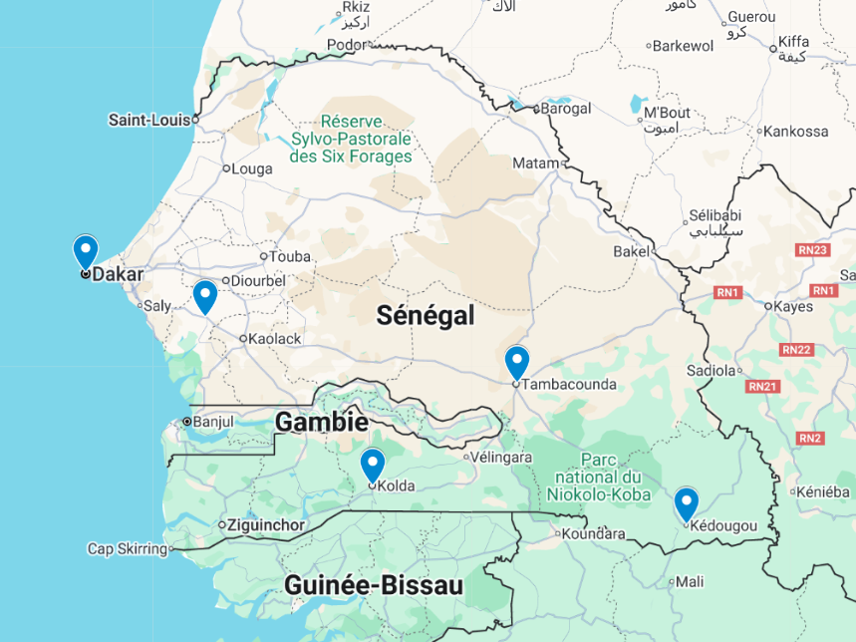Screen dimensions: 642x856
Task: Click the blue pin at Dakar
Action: point(86,251)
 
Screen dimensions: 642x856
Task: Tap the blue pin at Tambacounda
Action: point(516,362)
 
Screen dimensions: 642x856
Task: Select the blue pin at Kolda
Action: point(372,465)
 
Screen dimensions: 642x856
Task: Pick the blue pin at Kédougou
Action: point(686,503)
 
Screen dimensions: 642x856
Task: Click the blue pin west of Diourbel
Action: point(204,296)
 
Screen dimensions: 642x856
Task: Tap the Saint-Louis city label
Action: point(148,120)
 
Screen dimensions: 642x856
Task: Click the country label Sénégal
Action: point(425,316)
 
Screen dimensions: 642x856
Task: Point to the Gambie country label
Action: point(321,422)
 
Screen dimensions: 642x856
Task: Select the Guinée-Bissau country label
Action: point(374,585)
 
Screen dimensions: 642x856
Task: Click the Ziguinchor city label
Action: point(266,525)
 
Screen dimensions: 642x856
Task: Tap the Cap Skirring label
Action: point(127,548)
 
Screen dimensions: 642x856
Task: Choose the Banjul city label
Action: point(212,422)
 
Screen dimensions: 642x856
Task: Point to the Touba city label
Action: point(289,256)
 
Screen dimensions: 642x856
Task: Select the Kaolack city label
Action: point(275,339)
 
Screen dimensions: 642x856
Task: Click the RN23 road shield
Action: point(813,250)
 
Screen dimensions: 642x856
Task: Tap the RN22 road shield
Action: point(796,349)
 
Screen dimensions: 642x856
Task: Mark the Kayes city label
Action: point(794,306)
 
